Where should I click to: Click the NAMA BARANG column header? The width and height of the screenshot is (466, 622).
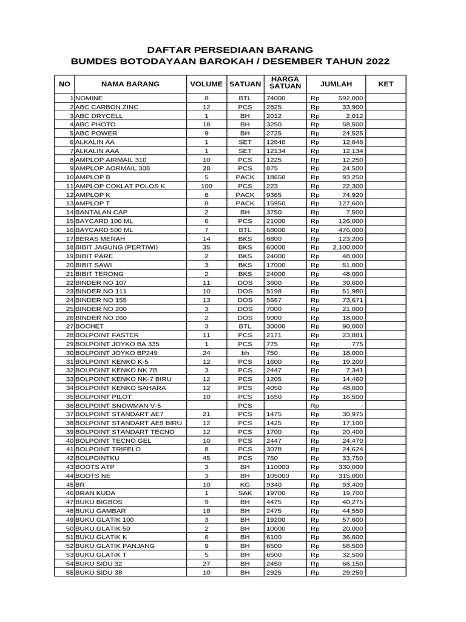[x=130, y=84]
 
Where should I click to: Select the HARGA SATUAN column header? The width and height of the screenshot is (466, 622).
[x=285, y=83]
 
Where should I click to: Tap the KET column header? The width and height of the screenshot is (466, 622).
[x=386, y=84]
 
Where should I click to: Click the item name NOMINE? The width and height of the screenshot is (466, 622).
[x=89, y=98]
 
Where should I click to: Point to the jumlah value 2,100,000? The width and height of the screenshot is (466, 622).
[x=348, y=248]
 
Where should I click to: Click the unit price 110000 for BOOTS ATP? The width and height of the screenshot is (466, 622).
[x=278, y=466]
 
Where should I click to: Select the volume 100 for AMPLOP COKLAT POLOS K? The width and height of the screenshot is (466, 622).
[x=206, y=185]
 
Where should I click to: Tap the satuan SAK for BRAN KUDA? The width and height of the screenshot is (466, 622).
[x=245, y=493]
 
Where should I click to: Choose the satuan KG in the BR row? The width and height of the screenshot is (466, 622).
[x=245, y=484]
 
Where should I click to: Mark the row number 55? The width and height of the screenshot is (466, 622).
[x=69, y=572]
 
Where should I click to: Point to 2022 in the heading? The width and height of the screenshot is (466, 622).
[x=376, y=62]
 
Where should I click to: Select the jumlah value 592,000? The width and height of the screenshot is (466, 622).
[x=351, y=98]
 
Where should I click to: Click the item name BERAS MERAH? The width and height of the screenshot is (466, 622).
[x=96, y=239]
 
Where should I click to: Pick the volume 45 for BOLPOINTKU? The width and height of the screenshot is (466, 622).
[x=206, y=457]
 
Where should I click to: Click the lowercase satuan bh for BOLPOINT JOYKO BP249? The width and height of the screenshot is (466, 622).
[x=245, y=353]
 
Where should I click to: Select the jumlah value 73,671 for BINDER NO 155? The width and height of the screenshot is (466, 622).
[x=352, y=300]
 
